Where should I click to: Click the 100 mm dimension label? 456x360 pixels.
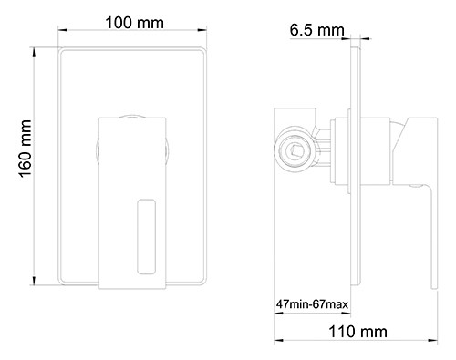(134, 23)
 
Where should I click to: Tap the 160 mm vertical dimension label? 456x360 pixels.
(25, 149)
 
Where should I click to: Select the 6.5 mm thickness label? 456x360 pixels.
(316, 30)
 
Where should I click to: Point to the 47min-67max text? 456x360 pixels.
(312, 304)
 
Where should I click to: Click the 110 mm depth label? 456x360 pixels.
(358, 332)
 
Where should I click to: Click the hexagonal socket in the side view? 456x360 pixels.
(295, 150)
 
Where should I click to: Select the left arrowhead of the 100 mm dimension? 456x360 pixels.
(62, 30)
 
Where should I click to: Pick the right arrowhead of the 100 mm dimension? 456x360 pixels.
(202, 30)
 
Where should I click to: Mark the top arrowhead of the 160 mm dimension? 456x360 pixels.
(34, 52)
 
